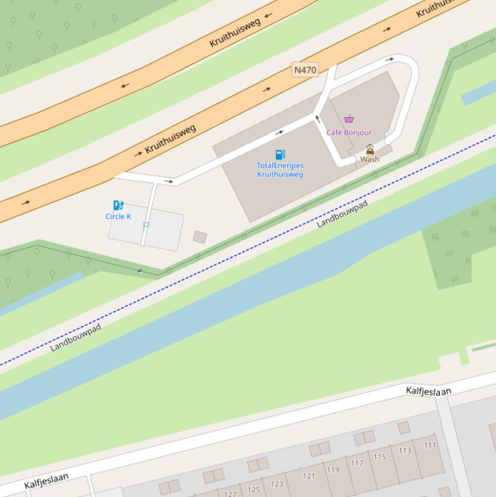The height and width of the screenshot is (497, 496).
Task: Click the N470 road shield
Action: point(305,70)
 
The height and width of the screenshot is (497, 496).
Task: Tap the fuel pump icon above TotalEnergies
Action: point(280,154)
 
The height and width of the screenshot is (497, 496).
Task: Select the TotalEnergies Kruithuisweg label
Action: point(280,170)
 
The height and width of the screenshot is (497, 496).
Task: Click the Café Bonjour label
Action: point(349,132)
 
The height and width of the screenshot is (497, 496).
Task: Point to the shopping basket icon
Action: point(349,119)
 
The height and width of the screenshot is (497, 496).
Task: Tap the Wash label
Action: point(370,159)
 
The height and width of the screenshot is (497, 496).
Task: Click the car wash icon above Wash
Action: point(370,149)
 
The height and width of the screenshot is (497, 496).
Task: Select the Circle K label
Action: point(118,216)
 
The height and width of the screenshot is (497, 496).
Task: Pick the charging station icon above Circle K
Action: point(118,205)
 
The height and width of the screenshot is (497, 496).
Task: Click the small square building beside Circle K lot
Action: point(200,237)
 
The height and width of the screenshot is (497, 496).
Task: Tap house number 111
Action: point(430,445)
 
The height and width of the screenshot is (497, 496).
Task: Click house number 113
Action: point(405,451)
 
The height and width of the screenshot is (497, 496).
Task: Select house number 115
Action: point(379,457)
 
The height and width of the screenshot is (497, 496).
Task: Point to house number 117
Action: point(357,463)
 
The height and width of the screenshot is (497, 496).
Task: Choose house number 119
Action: point(333,469)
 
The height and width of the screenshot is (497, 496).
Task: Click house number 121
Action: point(309,476)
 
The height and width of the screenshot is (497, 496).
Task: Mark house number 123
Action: point(277,483)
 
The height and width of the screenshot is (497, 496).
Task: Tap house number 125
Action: point(254,489)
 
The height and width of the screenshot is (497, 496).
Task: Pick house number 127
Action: point(230,494)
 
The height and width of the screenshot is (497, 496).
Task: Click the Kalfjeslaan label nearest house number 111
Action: point(428,391)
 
